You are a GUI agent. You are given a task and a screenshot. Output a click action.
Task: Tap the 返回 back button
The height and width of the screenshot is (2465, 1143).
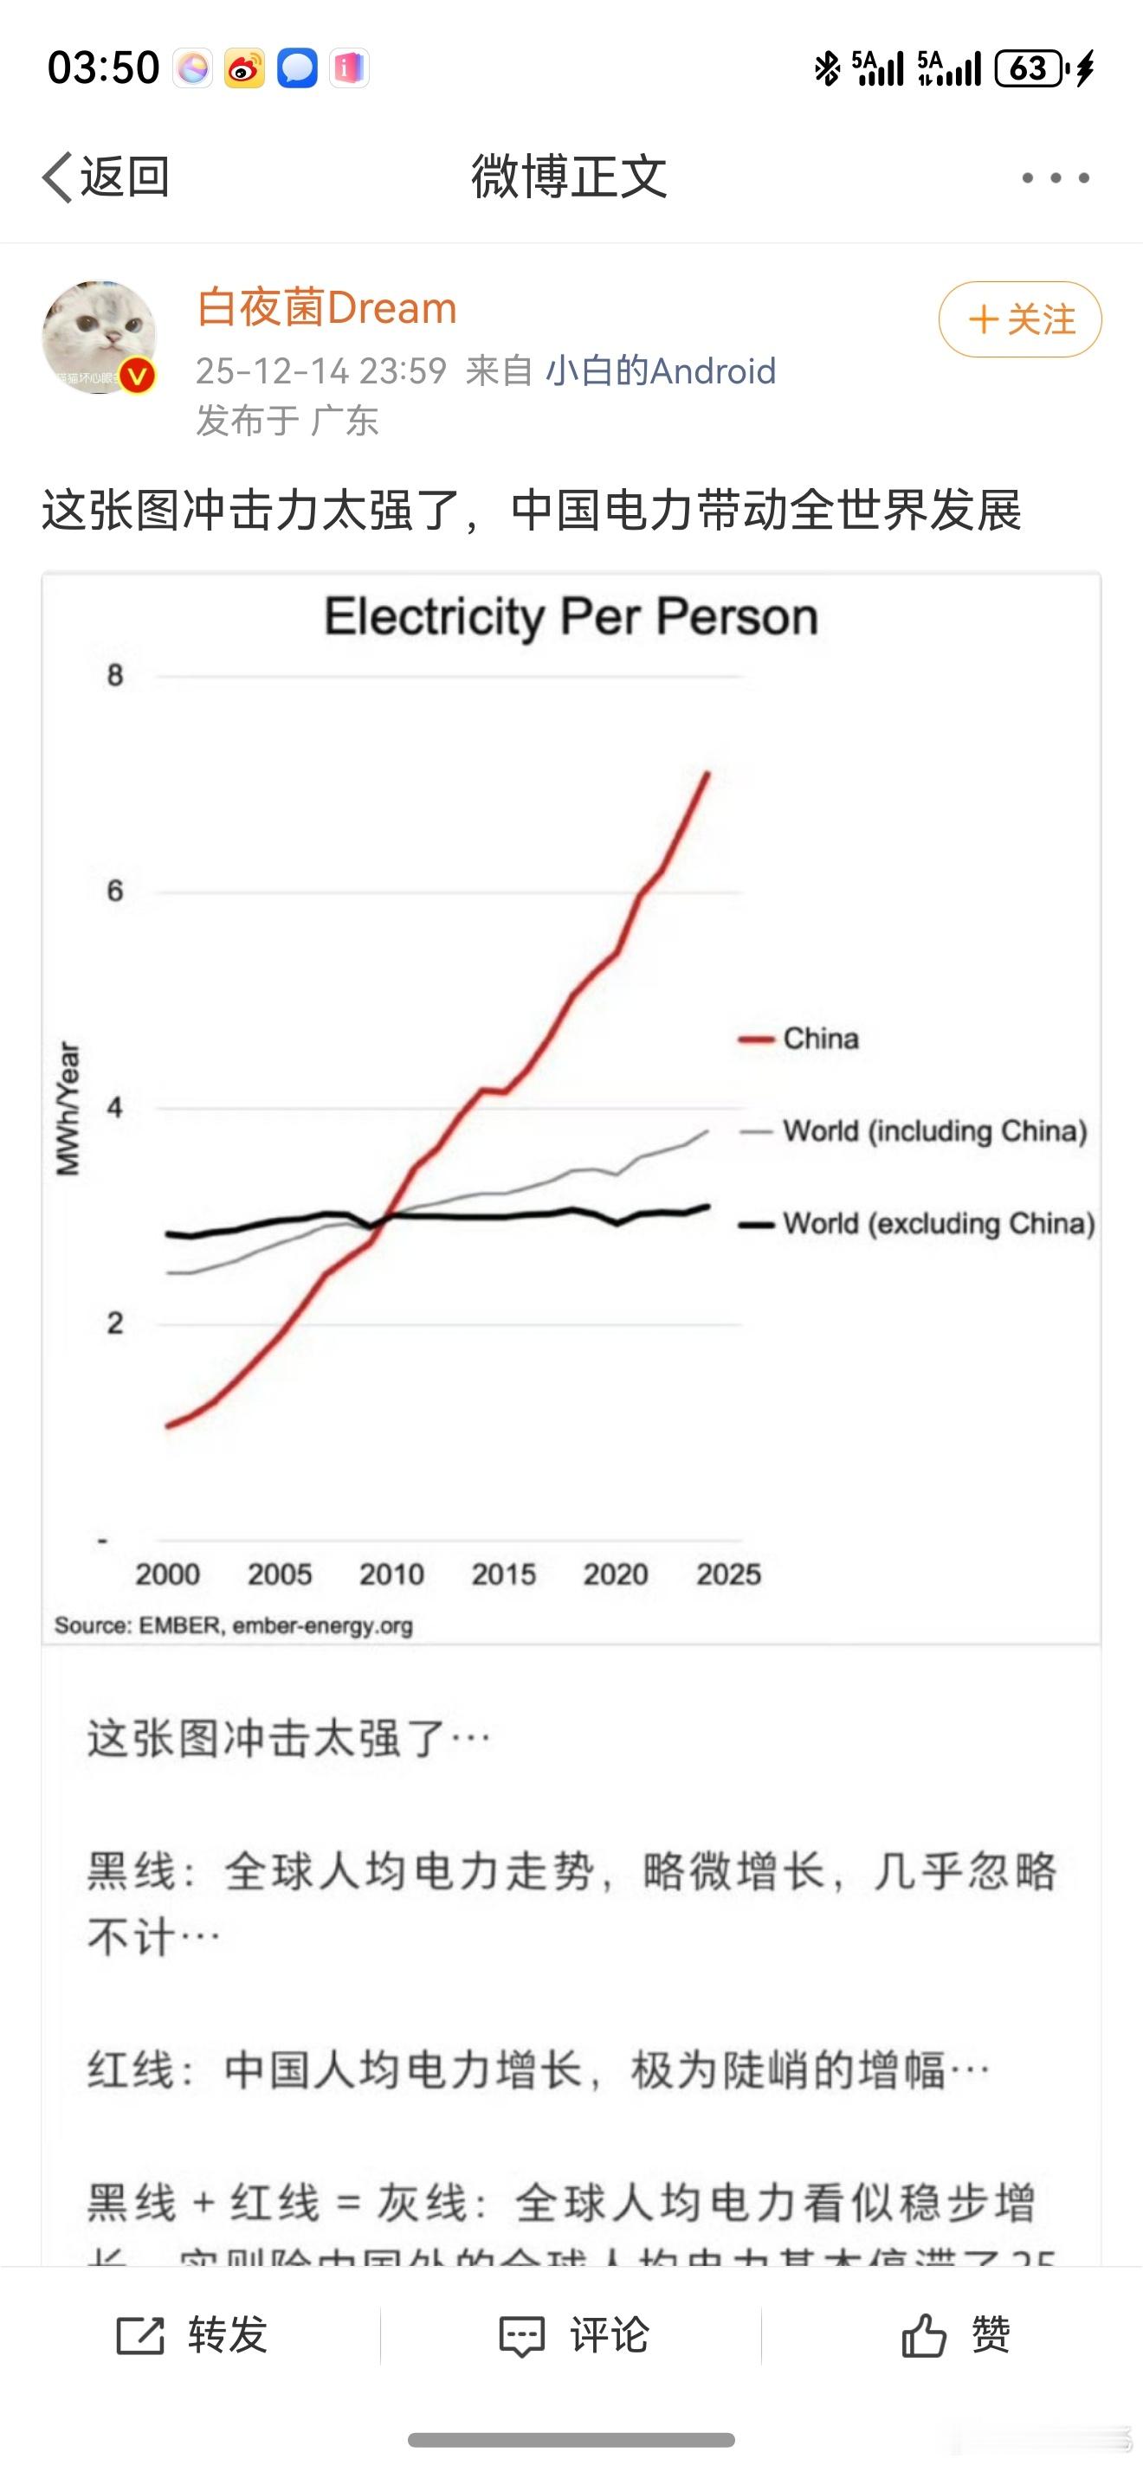pyautogui.click(x=106, y=177)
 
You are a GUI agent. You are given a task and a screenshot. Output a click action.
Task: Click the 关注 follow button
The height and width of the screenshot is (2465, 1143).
pyautogui.click(x=1019, y=319)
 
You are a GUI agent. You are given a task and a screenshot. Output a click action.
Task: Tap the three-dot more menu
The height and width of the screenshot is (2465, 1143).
pyautogui.click(x=1055, y=178)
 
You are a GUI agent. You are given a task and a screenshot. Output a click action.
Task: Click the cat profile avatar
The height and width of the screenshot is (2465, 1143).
pyautogui.click(x=100, y=337)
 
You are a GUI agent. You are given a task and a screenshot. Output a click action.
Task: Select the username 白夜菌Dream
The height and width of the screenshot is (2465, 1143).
pyautogui.click(x=326, y=308)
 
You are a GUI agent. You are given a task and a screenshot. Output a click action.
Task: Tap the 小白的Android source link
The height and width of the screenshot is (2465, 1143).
pyautogui.click(x=661, y=370)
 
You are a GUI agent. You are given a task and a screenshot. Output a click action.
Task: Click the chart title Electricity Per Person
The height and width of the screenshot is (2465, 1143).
pyautogui.click(x=571, y=616)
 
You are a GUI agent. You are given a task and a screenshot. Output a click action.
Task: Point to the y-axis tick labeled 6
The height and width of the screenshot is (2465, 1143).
pyautogui.click(x=115, y=891)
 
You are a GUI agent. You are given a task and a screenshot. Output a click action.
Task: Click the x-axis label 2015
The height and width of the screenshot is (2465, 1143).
pyautogui.click(x=504, y=1574)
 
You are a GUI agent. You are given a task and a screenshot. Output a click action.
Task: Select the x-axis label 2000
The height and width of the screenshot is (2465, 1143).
pyautogui.click(x=167, y=1574)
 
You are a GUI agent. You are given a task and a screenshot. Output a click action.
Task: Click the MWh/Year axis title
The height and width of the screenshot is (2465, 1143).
pyautogui.click(x=68, y=1108)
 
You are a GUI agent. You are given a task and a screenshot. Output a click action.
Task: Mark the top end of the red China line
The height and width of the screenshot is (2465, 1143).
pyautogui.click(x=707, y=773)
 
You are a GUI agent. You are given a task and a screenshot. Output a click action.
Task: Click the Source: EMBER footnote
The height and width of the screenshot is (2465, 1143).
pyautogui.click(x=234, y=1625)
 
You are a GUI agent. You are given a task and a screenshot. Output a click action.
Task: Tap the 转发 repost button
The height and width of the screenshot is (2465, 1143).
pyautogui.click(x=191, y=2335)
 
